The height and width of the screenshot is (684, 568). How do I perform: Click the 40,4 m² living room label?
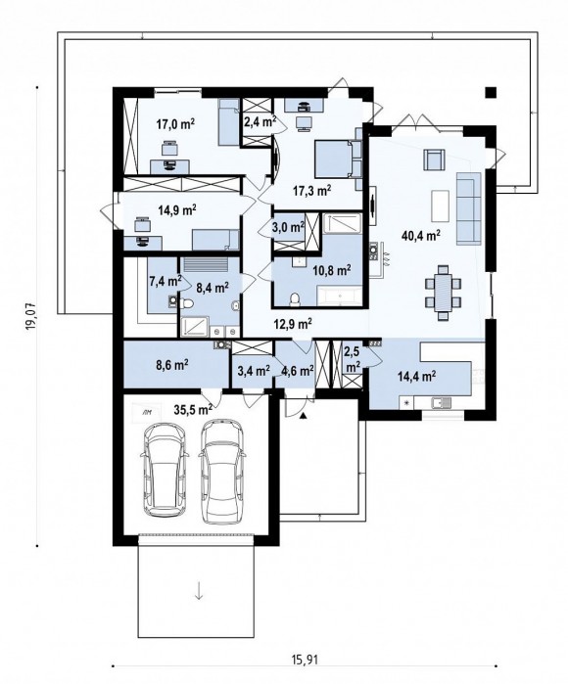tap(420, 236)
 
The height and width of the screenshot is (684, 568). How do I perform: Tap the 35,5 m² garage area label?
tap(193, 409)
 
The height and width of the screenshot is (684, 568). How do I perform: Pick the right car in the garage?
tap(222, 471)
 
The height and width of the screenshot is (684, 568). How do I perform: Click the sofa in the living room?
tap(468, 208)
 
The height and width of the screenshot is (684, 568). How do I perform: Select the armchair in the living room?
tap(434, 160)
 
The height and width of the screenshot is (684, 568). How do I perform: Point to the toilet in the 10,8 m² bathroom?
tap(295, 299)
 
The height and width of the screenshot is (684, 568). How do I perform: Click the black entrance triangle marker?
tap(303, 416)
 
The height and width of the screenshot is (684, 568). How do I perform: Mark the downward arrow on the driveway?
tap(199, 591)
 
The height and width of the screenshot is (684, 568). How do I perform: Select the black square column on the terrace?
tap(492, 92)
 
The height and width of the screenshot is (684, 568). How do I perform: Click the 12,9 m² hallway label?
tap(293, 323)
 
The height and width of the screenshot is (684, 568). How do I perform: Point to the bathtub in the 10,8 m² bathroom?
tap(340, 297)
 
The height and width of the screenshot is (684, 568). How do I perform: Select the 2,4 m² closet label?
tap(260, 120)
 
